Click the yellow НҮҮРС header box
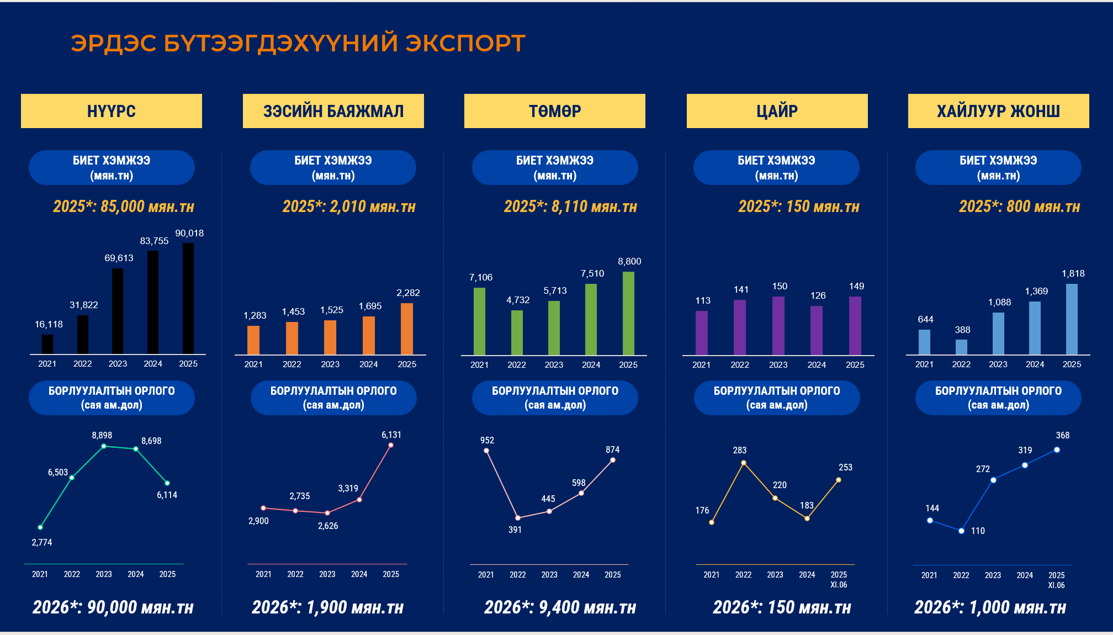[112, 111]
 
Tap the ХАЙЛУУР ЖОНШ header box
[998, 111]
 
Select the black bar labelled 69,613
[118, 311]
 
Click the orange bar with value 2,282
[407, 329]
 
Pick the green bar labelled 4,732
[517, 332]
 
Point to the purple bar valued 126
[817, 330]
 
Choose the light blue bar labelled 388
[961, 347]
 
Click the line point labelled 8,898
[104, 446]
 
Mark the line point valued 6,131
[391, 445]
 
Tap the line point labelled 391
[518, 518]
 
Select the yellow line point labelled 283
[744, 463]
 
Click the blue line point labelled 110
[961, 531]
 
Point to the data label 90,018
[189, 233]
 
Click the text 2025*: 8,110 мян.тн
[570, 207]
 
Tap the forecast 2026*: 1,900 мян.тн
[327, 607]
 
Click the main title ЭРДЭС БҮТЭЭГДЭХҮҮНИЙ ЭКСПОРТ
[298, 43]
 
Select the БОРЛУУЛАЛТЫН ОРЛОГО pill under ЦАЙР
[777, 398]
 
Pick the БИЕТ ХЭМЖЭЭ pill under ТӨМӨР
[555, 167]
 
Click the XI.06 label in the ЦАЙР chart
[839, 585]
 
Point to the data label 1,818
[1073, 273]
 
